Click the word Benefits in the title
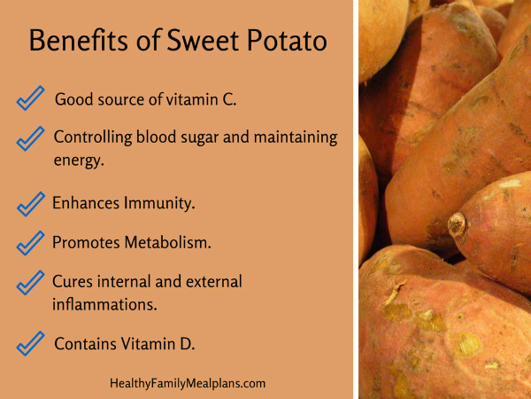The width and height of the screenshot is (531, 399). (79, 40)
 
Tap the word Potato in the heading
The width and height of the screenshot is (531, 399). (287, 40)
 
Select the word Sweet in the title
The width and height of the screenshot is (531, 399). (203, 40)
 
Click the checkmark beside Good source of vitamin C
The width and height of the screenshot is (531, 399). (30, 98)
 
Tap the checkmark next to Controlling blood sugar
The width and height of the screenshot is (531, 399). (30, 138)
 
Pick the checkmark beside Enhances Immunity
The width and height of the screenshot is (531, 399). (30, 204)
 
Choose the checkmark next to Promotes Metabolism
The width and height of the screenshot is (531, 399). (30, 243)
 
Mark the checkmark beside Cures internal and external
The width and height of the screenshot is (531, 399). (30, 283)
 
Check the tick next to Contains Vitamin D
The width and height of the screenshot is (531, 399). (30, 343)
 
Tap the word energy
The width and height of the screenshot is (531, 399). (79, 160)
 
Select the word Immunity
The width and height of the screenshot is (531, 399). (159, 204)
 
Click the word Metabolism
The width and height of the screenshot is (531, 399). (167, 243)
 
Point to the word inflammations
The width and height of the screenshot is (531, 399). (104, 304)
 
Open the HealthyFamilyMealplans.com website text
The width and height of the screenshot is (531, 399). (188, 384)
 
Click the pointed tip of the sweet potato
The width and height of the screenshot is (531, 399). (457, 224)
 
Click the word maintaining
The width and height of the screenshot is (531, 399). (296, 138)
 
